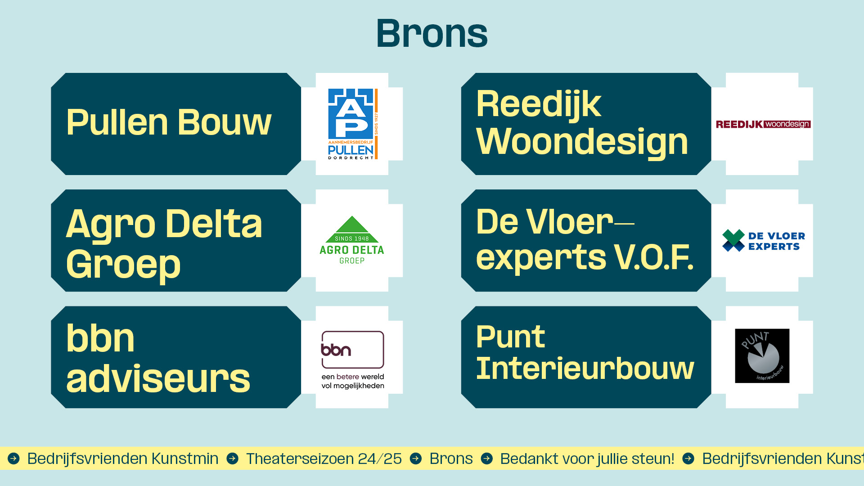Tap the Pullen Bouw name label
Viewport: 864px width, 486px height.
coord(169,122)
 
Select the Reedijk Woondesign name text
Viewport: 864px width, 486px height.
coord(582,123)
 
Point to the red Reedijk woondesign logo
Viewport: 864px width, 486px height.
coord(763,124)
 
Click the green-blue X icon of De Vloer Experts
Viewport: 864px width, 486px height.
coord(733,240)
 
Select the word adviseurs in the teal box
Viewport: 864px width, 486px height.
coord(158,379)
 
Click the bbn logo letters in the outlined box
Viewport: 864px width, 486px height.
coord(336,350)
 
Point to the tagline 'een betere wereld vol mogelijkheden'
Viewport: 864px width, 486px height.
coord(353,381)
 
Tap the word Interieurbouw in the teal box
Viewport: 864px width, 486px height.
coord(585,369)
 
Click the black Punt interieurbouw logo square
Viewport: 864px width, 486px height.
coord(762,356)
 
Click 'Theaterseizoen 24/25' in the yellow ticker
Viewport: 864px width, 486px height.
coord(324,459)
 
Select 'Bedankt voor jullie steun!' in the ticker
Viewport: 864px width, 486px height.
coord(587,459)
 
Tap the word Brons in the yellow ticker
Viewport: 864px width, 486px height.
coord(451,459)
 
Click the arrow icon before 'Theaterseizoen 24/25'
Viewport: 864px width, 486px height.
coord(233,459)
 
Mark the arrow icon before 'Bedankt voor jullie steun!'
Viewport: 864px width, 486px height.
coord(487,459)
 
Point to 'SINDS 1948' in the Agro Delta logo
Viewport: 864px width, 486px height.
coord(352,238)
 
